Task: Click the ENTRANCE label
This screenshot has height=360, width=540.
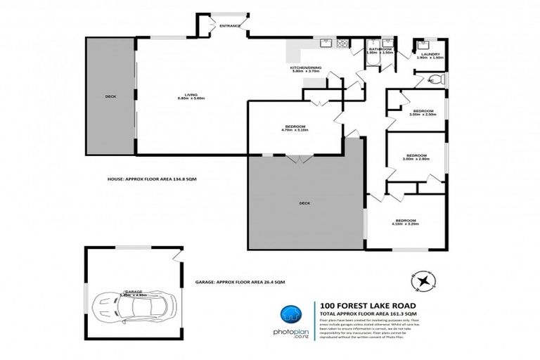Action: [230, 26]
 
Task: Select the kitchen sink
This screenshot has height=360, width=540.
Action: [325, 44]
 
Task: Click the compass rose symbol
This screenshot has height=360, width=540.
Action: [424, 281]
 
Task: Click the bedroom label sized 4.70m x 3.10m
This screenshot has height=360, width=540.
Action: [295, 128]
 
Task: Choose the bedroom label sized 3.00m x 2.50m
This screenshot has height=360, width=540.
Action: [423, 113]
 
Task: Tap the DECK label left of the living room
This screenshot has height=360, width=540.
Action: [110, 96]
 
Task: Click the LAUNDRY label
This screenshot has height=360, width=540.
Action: [430, 55]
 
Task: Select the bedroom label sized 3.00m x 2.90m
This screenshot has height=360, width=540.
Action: [418, 157]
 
